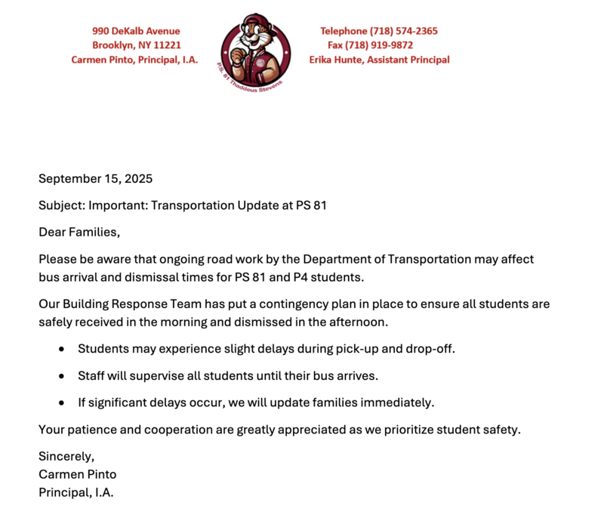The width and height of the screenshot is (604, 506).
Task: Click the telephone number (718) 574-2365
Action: point(403,31)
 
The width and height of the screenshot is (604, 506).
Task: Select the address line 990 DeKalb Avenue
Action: point(136,31)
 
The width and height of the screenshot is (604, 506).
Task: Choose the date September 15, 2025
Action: point(95,179)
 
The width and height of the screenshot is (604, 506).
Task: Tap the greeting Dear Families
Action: point(79,232)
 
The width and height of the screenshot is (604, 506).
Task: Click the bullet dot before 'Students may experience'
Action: point(61,349)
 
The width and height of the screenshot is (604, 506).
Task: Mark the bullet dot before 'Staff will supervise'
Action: point(61,375)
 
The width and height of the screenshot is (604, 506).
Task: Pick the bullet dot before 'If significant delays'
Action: point(61,403)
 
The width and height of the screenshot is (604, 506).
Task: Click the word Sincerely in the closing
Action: point(65,456)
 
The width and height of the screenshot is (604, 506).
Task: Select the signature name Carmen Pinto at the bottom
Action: point(78,474)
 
